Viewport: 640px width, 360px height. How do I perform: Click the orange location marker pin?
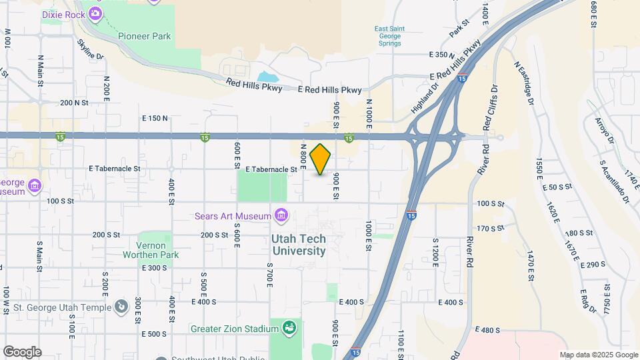[x=321, y=159]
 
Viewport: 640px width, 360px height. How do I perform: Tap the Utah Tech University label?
[x=298, y=245]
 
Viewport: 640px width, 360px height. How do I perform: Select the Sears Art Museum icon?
[x=281, y=215]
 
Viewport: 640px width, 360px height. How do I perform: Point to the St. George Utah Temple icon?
[x=121, y=307]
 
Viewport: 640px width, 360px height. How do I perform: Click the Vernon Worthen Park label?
[x=150, y=250]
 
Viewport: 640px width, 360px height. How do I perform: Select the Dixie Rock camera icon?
[x=95, y=13]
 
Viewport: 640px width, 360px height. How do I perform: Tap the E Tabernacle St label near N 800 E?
[x=271, y=169]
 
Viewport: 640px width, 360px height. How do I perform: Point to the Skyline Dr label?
[x=91, y=49]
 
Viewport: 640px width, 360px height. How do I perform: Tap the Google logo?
[x=22, y=351]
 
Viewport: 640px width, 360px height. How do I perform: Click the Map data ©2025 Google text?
[x=598, y=355]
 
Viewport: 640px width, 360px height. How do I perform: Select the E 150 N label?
[x=155, y=119]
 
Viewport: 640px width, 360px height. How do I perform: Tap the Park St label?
[x=459, y=29]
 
